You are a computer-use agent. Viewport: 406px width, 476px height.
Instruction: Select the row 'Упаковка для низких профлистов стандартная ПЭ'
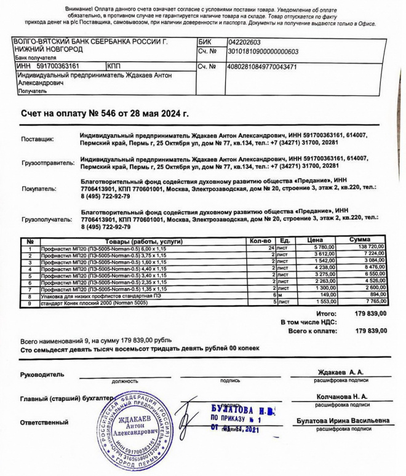[98, 295]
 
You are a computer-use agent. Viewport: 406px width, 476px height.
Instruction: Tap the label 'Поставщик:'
[38, 139]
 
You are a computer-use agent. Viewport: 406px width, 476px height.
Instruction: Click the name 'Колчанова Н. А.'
[342, 397]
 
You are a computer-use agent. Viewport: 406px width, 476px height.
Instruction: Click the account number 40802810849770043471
[262, 66]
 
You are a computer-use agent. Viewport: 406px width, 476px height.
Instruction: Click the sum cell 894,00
[376, 295]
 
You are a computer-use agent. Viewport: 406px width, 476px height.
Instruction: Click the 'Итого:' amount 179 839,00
[371, 313]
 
